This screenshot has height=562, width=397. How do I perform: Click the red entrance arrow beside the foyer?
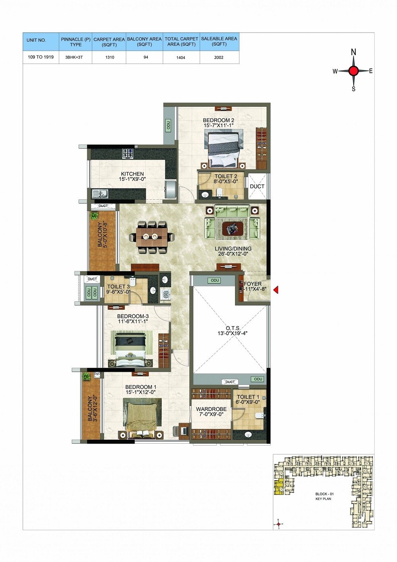pyautogui.click(x=276, y=290)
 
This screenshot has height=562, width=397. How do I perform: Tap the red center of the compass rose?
pyautogui.click(x=353, y=71)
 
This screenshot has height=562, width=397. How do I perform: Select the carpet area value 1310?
pyautogui.click(x=110, y=57)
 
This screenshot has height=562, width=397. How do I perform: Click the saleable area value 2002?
pyautogui.click(x=219, y=57)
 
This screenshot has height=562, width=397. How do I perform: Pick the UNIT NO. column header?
pyautogui.click(x=36, y=40)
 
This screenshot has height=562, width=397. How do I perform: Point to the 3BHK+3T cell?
pyautogui.click(x=75, y=57)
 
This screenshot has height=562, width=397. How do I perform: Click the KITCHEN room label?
pyautogui.click(x=132, y=174)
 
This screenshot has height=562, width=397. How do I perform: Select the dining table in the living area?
pyautogui.click(x=151, y=237)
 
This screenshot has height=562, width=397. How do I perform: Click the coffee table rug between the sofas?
pyautogui.click(x=232, y=229)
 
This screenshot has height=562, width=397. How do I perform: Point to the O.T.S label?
pyautogui.click(x=233, y=328)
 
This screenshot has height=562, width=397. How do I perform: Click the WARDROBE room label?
pyautogui.click(x=211, y=409)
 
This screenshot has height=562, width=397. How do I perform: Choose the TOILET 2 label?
pyautogui.click(x=226, y=176)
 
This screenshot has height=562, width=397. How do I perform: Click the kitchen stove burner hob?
pyautogui.click(x=128, y=153)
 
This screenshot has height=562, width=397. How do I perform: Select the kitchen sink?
pyautogui.click(x=100, y=194)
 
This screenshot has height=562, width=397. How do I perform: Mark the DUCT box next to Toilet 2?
pyautogui.click(x=257, y=186)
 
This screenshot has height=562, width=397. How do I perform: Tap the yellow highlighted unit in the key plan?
pyautogui.click(x=279, y=487)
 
